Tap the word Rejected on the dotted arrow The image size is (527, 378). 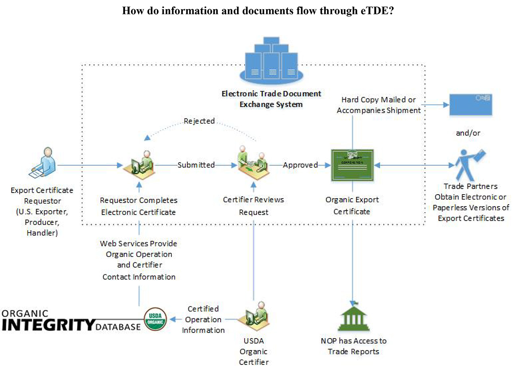point(199,121)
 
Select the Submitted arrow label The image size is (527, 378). point(196,165)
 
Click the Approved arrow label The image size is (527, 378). point(300,165)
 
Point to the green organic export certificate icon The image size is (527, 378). point(352,165)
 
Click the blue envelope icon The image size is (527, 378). point(470,104)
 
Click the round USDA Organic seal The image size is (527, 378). point(155,319)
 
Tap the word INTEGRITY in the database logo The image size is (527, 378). point(48,325)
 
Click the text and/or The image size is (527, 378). point(468,133)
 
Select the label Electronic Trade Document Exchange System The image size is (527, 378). point(271,99)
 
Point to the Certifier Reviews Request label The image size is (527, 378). point(254,206)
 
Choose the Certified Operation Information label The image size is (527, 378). point(203,319)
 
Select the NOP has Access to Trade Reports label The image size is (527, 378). point(353,346)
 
